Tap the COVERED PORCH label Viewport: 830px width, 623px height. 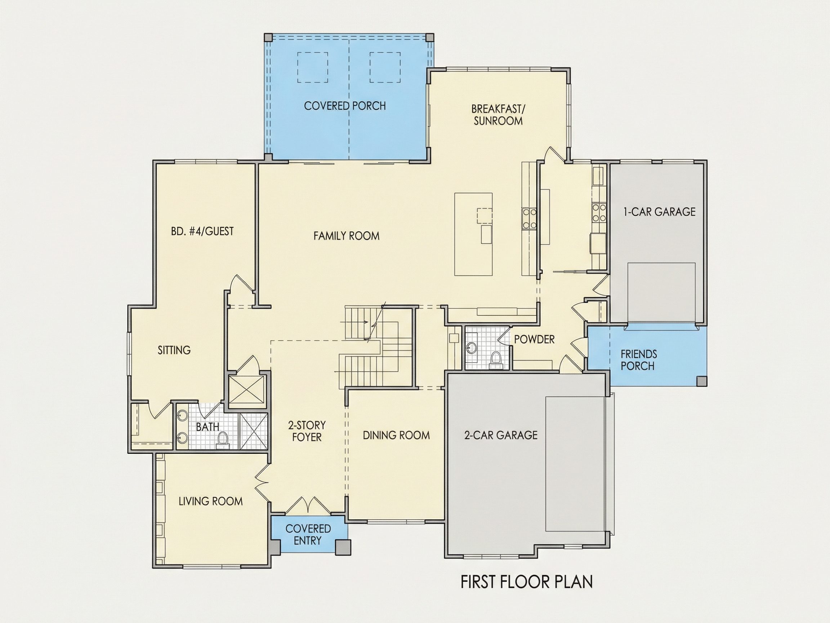(x=345, y=106)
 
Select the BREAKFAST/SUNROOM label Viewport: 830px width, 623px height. (x=498, y=115)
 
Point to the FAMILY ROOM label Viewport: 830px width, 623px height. (x=346, y=236)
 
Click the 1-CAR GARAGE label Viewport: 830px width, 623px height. (x=659, y=212)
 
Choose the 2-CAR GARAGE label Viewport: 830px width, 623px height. (x=501, y=435)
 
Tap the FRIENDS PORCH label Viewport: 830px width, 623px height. (x=639, y=360)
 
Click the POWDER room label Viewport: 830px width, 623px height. (x=534, y=340)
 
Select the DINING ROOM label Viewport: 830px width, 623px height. (x=396, y=435)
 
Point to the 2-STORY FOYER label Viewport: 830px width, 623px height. (x=307, y=431)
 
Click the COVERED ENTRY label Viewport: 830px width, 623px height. (x=308, y=534)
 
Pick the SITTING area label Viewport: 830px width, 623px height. (x=174, y=350)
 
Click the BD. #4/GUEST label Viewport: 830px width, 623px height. (x=202, y=231)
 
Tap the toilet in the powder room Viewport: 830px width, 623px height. (x=496, y=358)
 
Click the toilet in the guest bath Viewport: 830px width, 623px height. (x=223, y=440)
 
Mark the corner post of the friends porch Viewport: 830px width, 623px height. (x=701, y=381)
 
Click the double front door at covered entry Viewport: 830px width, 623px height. (x=308, y=505)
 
